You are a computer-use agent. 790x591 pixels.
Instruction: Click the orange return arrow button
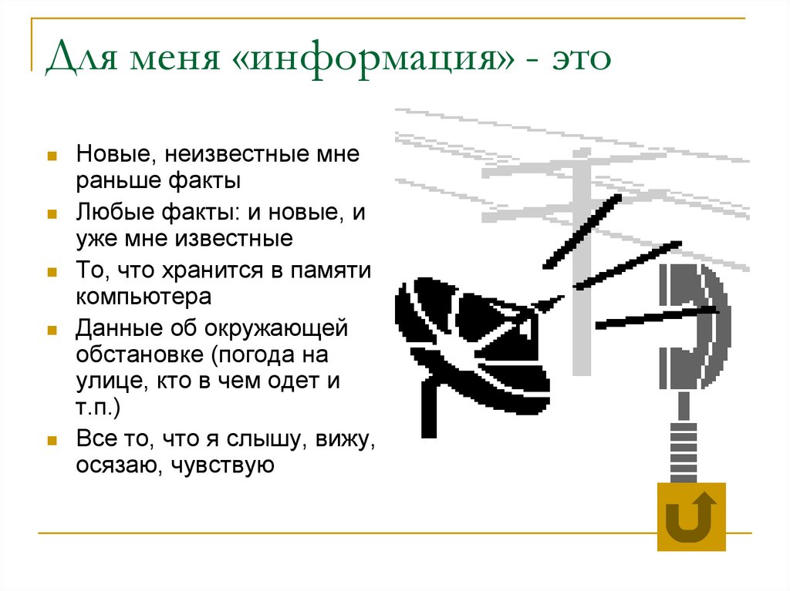691,516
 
